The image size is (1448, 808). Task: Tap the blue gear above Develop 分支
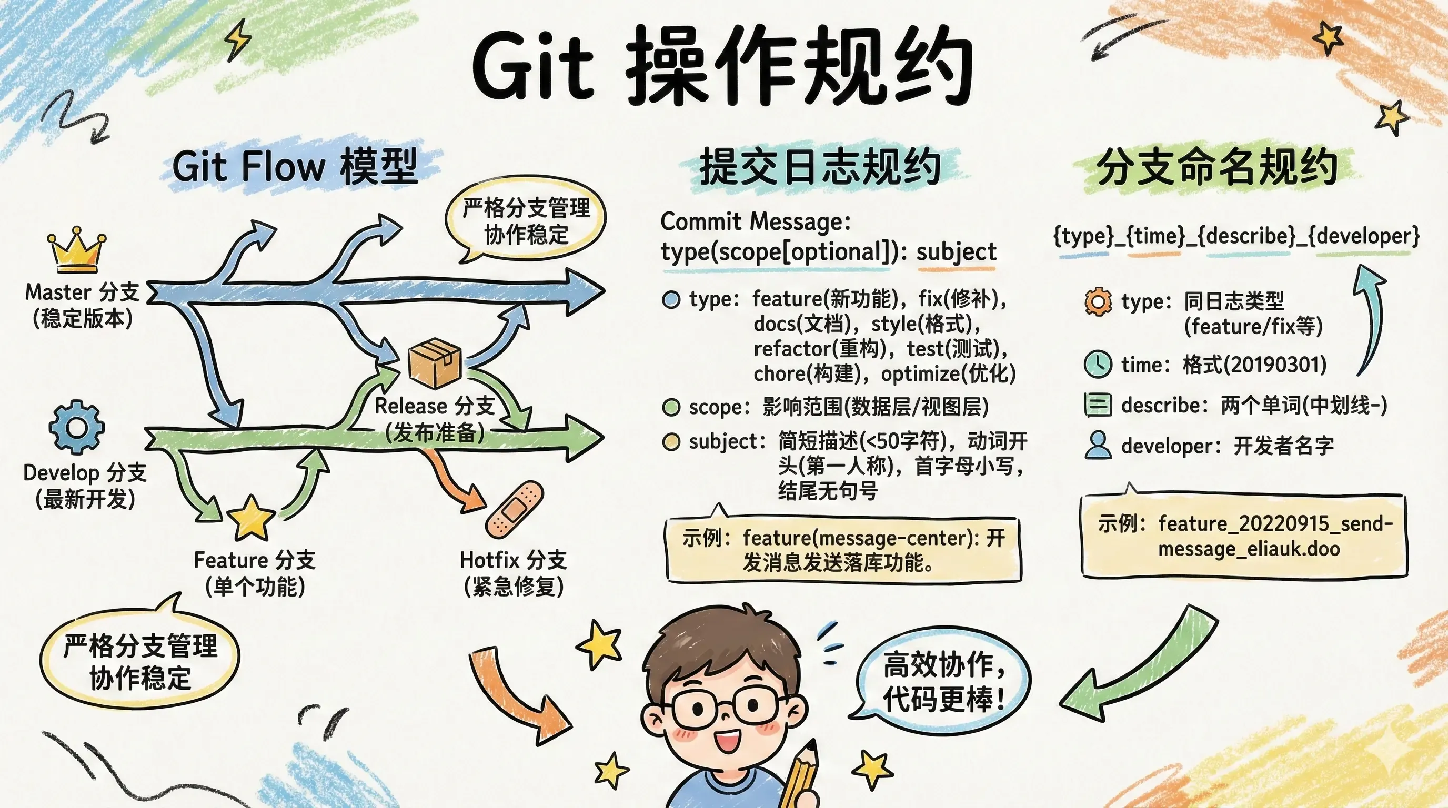76,427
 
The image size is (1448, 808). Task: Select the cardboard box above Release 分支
435,362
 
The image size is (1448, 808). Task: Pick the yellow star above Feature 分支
250,518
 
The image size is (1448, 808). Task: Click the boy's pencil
801,775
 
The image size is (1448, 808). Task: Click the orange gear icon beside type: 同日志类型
1098,302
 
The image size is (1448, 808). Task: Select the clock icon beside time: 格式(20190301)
1097,364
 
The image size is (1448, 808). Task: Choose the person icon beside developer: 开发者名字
1097,446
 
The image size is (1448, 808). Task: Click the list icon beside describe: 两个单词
1097,405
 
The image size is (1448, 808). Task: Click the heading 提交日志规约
820,167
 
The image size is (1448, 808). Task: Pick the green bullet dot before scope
671,407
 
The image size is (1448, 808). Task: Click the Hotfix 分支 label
513,560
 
